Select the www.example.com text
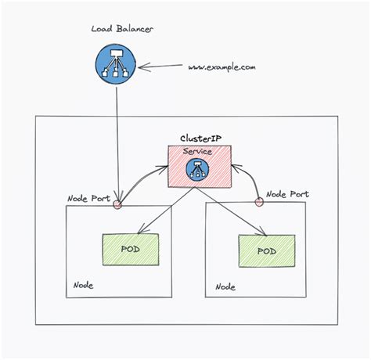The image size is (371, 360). pyautogui.click(x=222, y=68)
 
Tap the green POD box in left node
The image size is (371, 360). pyautogui.click(x=131, y=248)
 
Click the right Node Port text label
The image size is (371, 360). pyautogui.click(x=287, y=193)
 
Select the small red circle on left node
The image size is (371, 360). pyautogui.click(x=118, y=206)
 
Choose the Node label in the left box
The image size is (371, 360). pyautogui.click(x=83, y=285)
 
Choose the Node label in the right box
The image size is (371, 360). pyautogui.click(x=225, y=286)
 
